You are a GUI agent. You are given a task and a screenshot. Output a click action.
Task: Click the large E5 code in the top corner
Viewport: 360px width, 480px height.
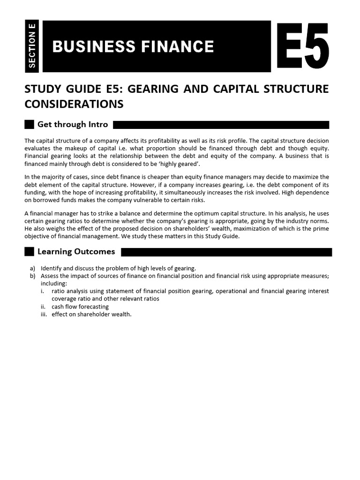(x=302, y=47)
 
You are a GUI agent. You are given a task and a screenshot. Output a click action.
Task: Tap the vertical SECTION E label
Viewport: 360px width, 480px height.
(x=32, y=46)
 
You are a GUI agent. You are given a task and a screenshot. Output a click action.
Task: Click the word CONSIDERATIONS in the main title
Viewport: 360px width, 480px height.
(x=74, y=104)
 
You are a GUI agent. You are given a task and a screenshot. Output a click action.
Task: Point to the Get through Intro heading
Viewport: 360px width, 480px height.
(x=73, y=125)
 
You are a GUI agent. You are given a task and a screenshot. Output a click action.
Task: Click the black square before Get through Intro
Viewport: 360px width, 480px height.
(x=29, y=125)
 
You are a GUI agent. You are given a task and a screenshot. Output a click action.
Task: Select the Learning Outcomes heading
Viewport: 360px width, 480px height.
(x=76, y=252)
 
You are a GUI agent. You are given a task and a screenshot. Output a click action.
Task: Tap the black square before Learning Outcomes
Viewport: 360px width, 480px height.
(x=29, y=252)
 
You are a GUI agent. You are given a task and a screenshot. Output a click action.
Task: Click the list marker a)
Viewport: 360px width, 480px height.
(x=32, y=268)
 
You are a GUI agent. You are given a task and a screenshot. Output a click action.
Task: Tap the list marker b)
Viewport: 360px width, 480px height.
(x=32, y=276)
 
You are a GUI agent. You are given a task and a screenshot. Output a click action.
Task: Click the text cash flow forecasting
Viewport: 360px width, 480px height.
(x=80, y=307)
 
